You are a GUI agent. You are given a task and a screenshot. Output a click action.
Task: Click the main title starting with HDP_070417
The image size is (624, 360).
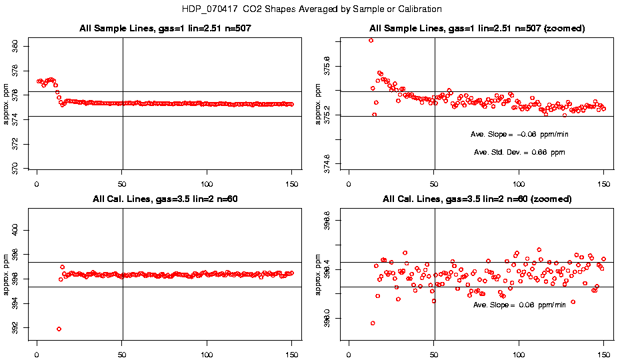pos(312,9)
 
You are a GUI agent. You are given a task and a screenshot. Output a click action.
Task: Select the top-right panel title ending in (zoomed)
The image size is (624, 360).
pos(477,29)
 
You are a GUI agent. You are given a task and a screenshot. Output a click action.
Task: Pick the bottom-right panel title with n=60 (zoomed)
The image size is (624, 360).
pos(477,199)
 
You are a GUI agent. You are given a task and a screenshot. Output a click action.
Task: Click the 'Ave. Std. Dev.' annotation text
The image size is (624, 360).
pos(519,153)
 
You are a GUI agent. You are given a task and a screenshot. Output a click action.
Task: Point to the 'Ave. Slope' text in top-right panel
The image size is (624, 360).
pos(519,134)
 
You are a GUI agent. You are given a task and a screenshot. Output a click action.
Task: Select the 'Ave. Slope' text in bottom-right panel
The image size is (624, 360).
pos(519,305)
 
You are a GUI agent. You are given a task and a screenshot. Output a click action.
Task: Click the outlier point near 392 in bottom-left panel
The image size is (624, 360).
pos(59,329)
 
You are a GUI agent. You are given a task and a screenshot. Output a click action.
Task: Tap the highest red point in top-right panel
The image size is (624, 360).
pos(371,41)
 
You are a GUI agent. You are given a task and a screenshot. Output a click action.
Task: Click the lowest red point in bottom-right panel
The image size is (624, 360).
pos(372,323)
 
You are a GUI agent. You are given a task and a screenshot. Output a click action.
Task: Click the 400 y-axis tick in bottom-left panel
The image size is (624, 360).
pos(25,230)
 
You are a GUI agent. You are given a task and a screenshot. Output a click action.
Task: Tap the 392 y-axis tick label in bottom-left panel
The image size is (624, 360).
pos(25,328)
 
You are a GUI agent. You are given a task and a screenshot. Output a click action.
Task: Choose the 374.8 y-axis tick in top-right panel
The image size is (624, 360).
pos(337,163)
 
